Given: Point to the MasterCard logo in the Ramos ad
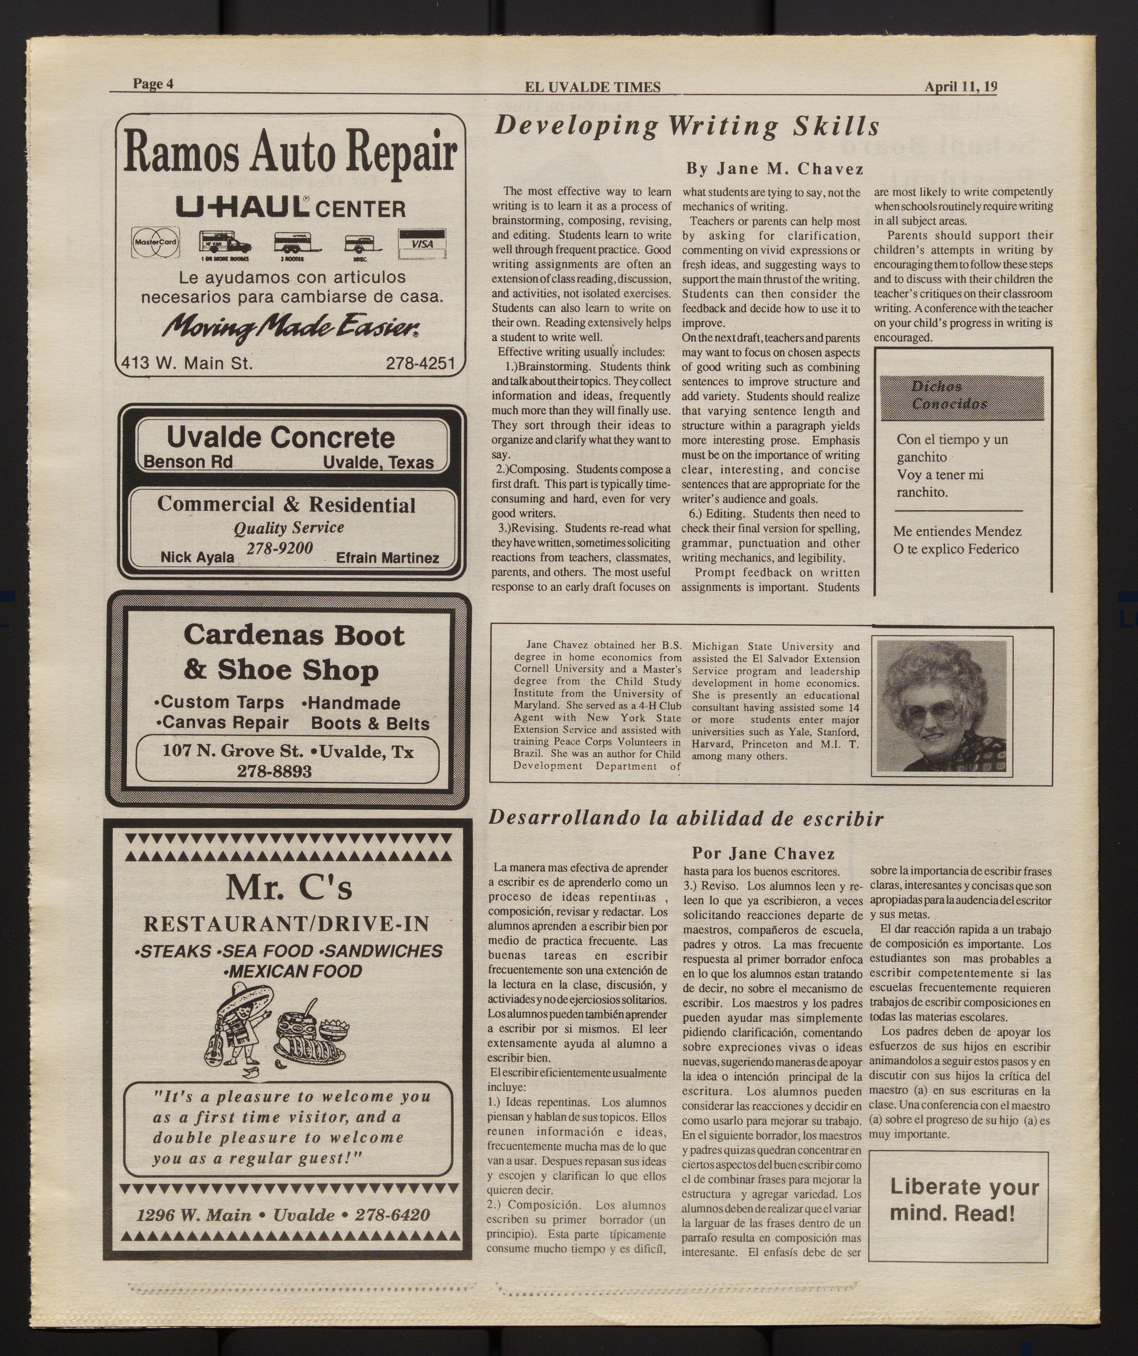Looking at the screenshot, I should pyautogui.click(x=155, y=243).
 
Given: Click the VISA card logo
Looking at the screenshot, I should pyautogui.click(x=422, y=243).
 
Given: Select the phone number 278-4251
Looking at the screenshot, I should pyautogui.click(x=420, y=364).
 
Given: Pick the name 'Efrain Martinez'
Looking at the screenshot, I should pyautogui.click(x=387, y=558).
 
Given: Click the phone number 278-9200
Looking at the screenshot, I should pyautogui.click(x=280, y=548).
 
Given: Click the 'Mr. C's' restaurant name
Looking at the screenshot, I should pyautogui.click(x=289, y=889).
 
